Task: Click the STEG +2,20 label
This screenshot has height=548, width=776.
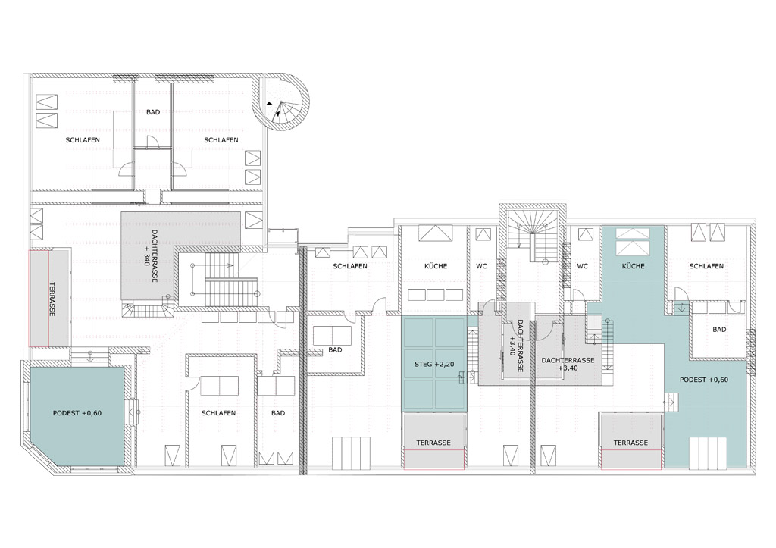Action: tap(434, 365)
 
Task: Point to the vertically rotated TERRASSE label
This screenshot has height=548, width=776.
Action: tap(52, 299)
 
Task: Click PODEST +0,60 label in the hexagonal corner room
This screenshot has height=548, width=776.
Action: tap(77, 413)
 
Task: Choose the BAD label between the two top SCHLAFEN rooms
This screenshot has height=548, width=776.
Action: tap(153, 112)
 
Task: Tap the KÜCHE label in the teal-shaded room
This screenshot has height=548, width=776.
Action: tap(633, 266)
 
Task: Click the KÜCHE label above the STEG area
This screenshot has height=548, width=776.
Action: tap(436, 266)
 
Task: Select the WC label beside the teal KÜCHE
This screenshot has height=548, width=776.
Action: tap(583, 266)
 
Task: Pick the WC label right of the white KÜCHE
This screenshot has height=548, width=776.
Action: tap(481, 266)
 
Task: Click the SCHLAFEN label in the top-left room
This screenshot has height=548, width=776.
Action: tap(83, 140)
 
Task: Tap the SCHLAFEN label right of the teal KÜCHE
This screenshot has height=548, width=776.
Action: tap(706, 266)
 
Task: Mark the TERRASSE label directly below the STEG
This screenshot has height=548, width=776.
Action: tap(433, 443)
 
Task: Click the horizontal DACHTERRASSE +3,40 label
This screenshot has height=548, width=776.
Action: tap(568, 365)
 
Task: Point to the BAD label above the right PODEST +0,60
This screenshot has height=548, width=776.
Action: tap(719, 329)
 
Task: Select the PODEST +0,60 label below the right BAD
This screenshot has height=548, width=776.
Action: tap(704, 380)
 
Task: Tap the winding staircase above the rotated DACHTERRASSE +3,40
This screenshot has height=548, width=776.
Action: tap(533, 236)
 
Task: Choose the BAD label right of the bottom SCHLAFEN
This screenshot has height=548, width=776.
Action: tap(278, 413)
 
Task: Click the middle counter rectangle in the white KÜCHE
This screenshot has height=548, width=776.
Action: tap(436, 295)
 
